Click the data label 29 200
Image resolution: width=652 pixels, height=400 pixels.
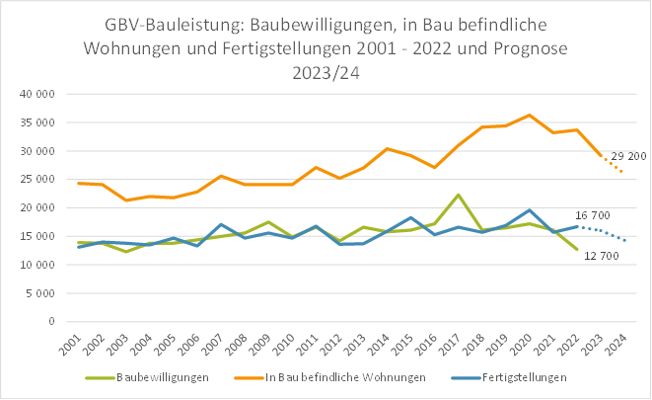[x=629, y=157]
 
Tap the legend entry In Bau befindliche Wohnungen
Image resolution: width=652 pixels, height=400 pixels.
[x=344, y=377]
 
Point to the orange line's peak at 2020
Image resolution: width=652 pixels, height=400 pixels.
[x=530, y=116]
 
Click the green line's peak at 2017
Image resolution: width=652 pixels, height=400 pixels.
[x=459, y=196]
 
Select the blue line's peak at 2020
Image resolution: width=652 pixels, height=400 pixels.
[x=530, y=210]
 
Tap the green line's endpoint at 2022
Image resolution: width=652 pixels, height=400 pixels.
[x=577, y=250]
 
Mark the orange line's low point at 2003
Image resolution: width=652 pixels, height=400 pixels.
[x=126, y=200]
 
